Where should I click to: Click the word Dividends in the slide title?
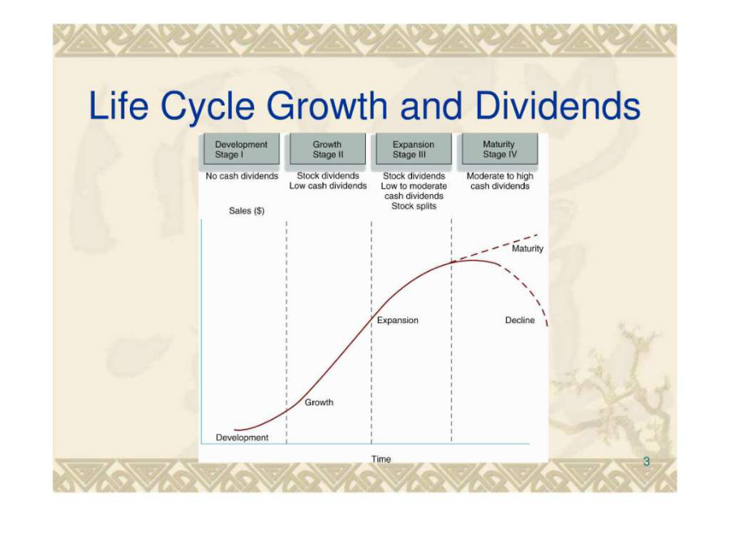point(558,106)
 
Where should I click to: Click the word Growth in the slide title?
point(327,106)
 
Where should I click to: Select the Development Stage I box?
point(242,149)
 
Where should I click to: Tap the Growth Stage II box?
point(328,149)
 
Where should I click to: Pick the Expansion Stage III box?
point(414,149)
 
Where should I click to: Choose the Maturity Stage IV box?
point(500,149)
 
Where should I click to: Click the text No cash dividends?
point(242,176)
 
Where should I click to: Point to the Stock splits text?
point(414,206)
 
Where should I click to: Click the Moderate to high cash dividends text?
point(500,181)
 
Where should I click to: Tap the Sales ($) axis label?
point(247,210)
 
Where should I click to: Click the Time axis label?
point(381,459)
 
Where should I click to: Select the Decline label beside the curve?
point(520,320)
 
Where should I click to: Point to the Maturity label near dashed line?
point(527,248)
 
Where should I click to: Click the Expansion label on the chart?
point(397,320)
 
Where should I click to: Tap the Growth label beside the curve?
point(319,402)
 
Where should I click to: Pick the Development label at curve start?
point(242,438)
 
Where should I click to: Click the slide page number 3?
point(646,461)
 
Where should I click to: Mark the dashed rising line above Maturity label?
point(496,248)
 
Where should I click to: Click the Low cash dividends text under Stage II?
point(328,186)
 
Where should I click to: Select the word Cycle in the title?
point(208,106)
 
